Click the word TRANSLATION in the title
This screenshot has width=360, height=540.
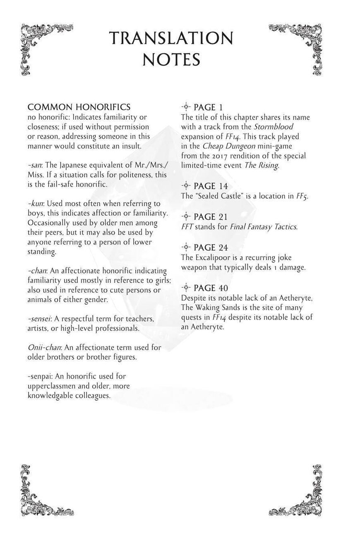click(x=171, y=38)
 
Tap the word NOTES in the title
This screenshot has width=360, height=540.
click(x=171, y=60)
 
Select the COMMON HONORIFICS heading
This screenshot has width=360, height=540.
click(x=79, y=107)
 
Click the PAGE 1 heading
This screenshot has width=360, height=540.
click(x=208, y=108)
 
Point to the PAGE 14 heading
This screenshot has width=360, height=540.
click(x=211, y=186)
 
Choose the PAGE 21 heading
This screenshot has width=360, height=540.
click(x=211, y=217)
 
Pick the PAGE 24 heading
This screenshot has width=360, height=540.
click(x=211, y=247)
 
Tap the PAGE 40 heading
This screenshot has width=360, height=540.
click(x=211, y=288)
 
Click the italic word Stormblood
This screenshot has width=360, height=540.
click(x=274, y=127)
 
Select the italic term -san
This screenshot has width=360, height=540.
click(x=35, y=165)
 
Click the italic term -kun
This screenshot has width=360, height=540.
click(x=36, y=204)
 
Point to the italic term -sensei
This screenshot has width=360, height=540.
click(x=39, y=319)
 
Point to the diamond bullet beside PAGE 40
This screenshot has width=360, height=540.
click(x=186, y=288)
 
